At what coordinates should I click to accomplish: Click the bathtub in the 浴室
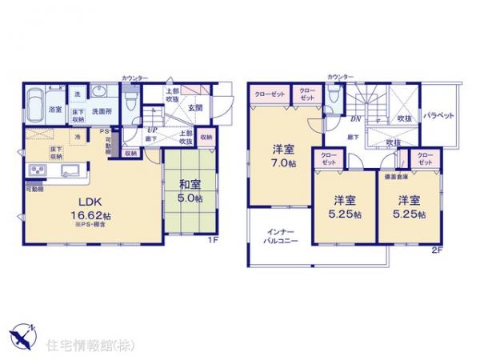click(37, 102)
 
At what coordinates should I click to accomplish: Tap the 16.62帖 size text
click(88, 217)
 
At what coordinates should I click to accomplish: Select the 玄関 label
click(195, 108)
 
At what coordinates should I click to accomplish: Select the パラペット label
click(439, 114)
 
